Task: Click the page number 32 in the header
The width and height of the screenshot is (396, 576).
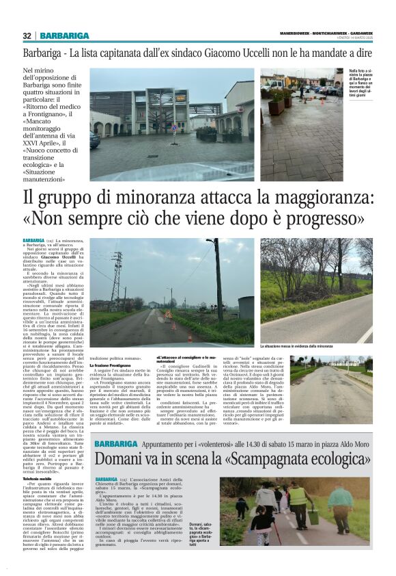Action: point(27,36)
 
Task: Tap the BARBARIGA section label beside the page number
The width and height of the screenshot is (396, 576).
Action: point(64,36)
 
